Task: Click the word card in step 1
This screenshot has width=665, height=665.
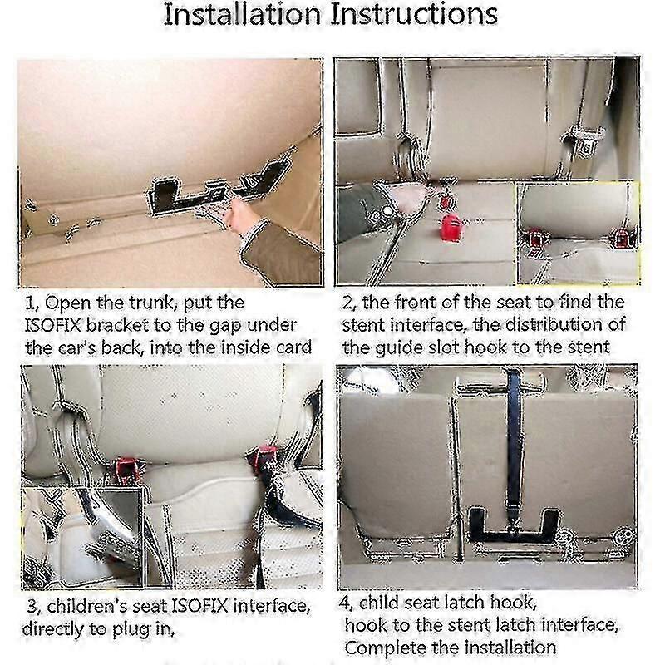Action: tap(295, 347)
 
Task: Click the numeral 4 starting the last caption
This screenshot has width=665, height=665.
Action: tap(344, 603)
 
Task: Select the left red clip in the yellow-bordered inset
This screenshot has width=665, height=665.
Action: tap(535, 239)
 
